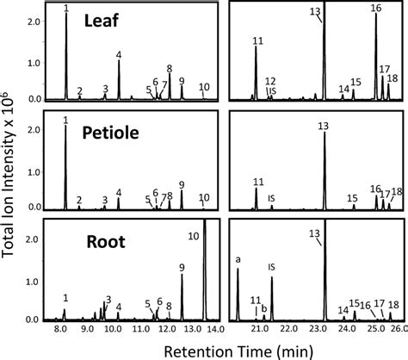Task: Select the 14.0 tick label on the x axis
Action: click(x=215, y=328)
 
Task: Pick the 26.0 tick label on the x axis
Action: click(x=394, y=328)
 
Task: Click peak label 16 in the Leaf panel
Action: click(x=375, y=8)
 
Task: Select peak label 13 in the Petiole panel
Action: click(x=323, y=126)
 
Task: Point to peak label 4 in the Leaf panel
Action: click(x=119, y=54)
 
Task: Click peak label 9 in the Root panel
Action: click(x=182, y=267)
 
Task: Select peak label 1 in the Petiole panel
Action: click(x=65, y=119)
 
